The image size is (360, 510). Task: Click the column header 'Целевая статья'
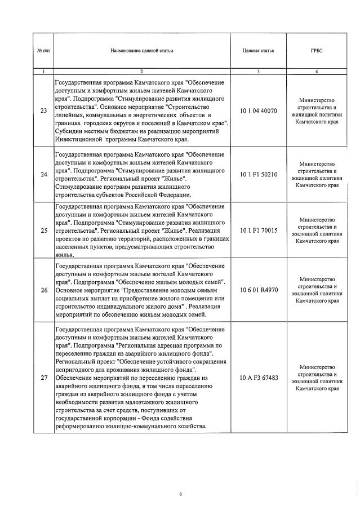(x=258, y=50)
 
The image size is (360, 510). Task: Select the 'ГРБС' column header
(x=317, y=50)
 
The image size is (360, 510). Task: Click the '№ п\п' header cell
(x=43, y=50)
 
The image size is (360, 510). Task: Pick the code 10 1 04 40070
(x=258, y=110)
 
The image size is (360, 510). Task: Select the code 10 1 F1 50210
(x=258, y=174)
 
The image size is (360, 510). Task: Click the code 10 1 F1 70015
(x=258, y=230)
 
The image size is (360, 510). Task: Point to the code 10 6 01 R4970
(x=258, y=290)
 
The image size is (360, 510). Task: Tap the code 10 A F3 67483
(x=258, y=377)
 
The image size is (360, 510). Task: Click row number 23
(x=43, y=110)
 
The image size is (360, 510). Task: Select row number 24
(x=43, y=174)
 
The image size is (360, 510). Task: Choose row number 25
(x=43, y=230)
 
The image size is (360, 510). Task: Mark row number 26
(x=43, y=290)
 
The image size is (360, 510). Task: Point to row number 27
(x=43, y=377)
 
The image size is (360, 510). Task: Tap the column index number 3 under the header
(x=258, y=72)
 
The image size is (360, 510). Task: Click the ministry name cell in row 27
(x=317, y=377)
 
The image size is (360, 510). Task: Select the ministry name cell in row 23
(x=317, y=110)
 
